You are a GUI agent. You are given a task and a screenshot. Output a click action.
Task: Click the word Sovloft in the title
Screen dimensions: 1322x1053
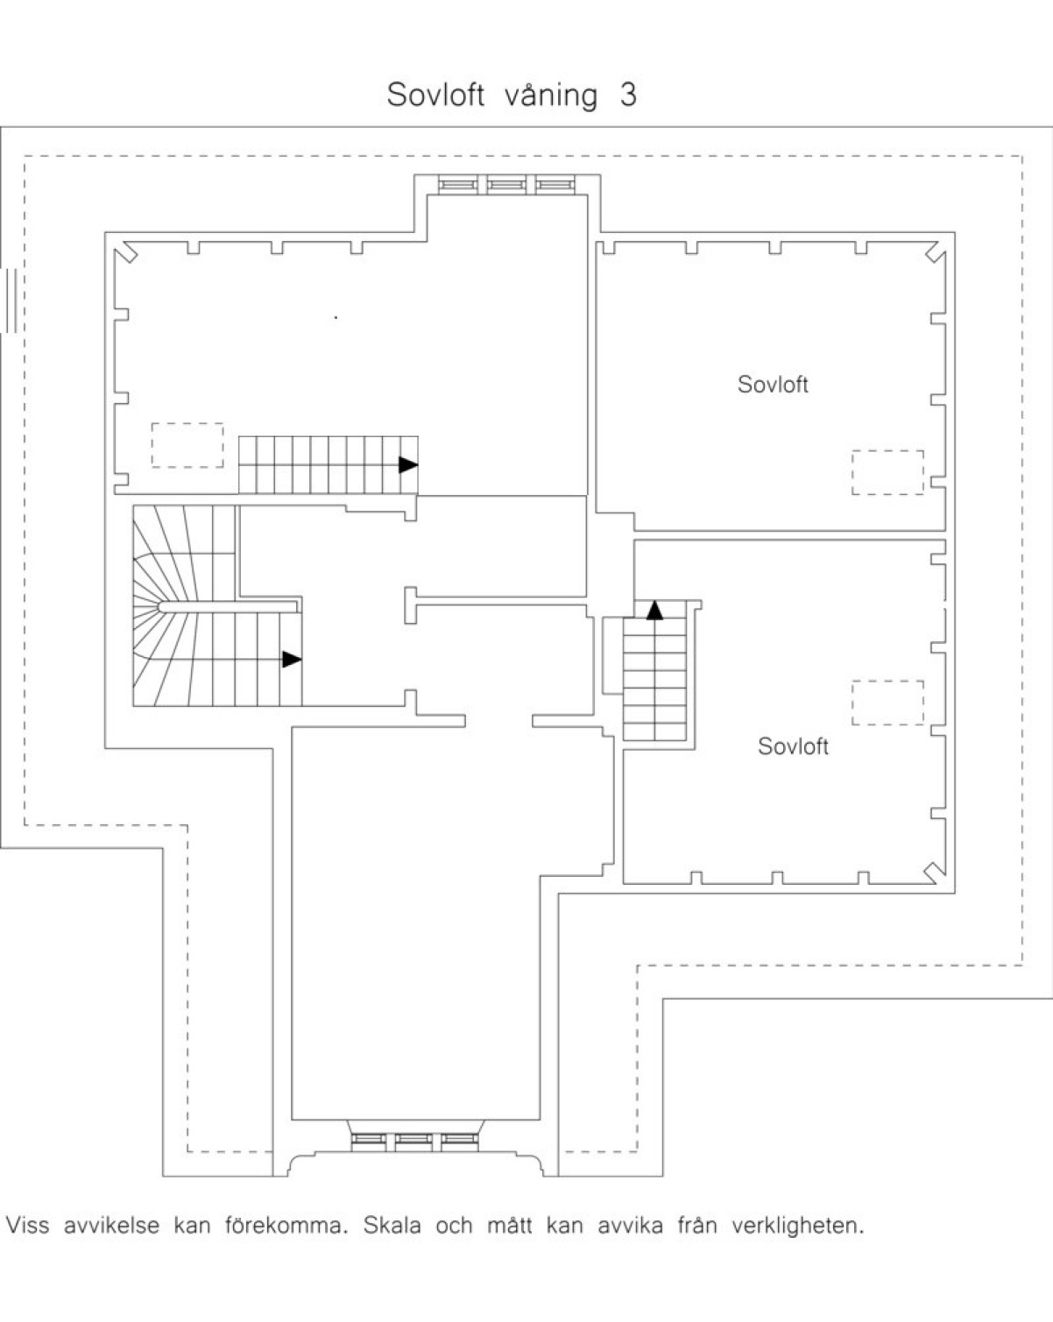[x=435, y=95]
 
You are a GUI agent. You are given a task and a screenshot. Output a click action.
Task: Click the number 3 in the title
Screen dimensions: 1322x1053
[x=628, y=95]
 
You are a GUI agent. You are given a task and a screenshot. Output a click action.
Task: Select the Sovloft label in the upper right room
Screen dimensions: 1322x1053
[x=773, y=385]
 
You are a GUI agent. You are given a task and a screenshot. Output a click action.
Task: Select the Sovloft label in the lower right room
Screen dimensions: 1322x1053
[x=793, y=746]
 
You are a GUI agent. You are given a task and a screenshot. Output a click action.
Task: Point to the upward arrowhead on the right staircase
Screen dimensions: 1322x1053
[x=654, y=610]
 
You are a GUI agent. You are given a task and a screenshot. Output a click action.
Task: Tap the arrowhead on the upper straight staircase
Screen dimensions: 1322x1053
[x=408, y=465]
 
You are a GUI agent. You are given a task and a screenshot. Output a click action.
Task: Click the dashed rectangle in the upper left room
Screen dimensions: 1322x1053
[x=187, y=445]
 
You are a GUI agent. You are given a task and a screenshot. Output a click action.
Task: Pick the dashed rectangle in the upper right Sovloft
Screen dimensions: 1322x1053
[x=887, y=472]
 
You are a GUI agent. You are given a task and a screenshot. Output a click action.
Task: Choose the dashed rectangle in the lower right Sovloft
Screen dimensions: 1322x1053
[x=887, y=703]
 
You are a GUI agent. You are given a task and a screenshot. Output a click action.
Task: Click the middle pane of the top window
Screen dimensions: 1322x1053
[x=505, y=185]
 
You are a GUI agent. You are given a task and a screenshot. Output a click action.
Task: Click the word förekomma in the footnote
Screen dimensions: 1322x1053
[x=286, y=1225]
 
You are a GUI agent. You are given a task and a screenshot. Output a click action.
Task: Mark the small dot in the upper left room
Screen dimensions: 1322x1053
[x=336, y=317]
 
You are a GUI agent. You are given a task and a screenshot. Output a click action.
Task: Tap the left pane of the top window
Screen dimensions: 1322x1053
[x=456, y=185]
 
